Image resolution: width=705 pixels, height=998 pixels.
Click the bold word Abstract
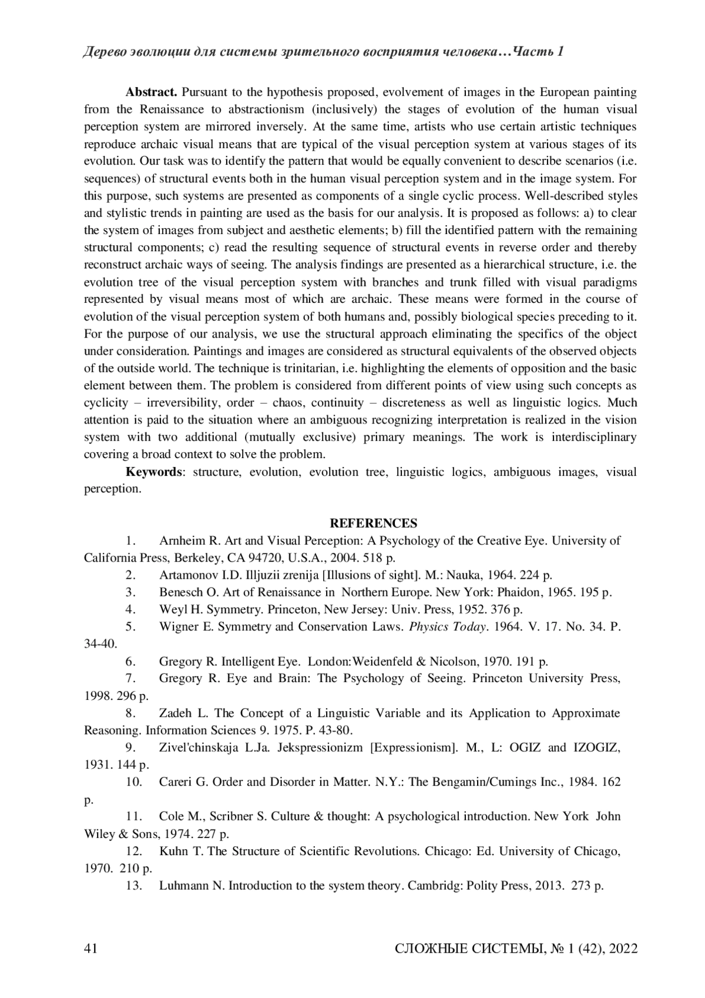click(x=151, y=92)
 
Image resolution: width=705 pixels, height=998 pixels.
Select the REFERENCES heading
click(x=374, y=523)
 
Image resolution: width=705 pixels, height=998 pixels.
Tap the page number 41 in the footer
click(x=91, y=949)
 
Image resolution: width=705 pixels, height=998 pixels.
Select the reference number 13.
click(x=134, y=886)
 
